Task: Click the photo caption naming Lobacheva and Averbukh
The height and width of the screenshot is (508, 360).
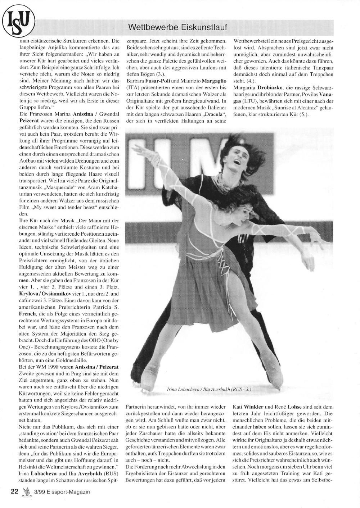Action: click(x=209, y=389)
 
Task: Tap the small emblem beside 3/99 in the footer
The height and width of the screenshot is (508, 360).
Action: click(x=26, y=492)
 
